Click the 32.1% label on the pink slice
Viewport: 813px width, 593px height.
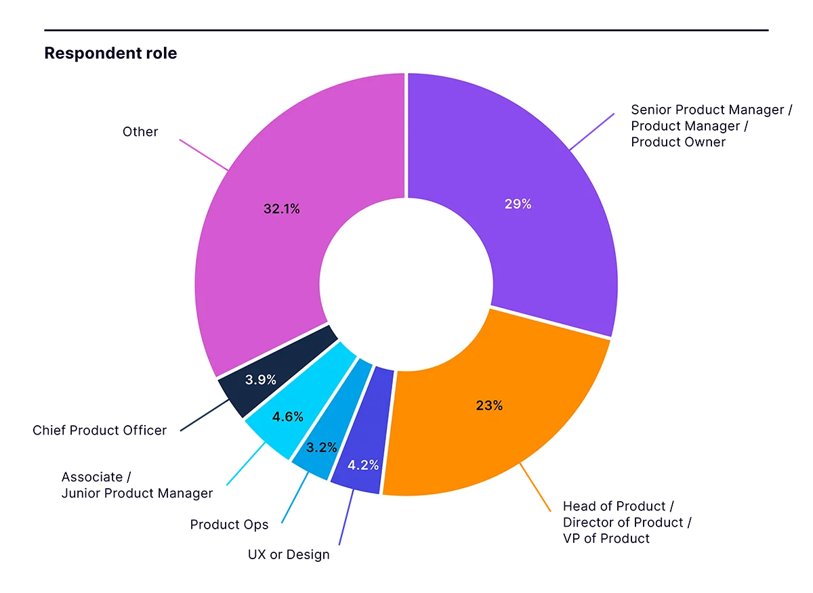pyautogui.click(x=281, y=209)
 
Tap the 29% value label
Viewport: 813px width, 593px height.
pyautogui.click(x=518, y=204)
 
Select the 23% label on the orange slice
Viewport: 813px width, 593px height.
pyautogui.click(x=489, y=405)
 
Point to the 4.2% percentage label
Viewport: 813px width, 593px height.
pyautogui.click(x=362, y=465)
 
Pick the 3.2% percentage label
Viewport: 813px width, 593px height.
pyautogui.click(x=321, y=447)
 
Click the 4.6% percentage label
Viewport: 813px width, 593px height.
pyautogui.click(x=287, y=417)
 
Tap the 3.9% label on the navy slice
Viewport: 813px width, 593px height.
pyautogui.click(x=259, y=380)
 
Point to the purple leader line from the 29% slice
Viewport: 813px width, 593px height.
pyautogui.click(x=593, y=130)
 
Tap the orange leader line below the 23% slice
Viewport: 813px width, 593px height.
pyautogui.click(x=537, y=487)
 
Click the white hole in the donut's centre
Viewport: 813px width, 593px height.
pyautogui.click(x=406, y=284)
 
